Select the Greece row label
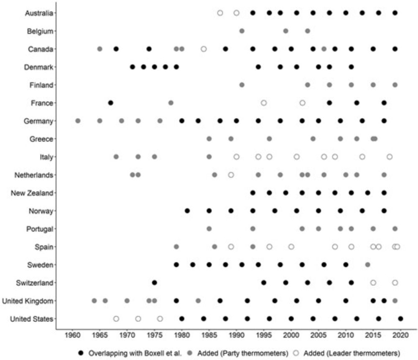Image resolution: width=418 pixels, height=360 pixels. (x=42, y=139)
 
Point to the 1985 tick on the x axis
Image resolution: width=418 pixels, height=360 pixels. (x=209, y=335)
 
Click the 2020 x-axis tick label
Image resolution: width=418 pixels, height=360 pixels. (x=401, y=335)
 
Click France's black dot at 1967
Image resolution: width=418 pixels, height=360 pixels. (x=110, y=103)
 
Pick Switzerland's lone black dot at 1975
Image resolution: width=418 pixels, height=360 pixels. (x=154, y=283)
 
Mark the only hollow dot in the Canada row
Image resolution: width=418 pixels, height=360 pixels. (x=204, y=49)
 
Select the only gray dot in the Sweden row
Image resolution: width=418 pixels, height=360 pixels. (x=367, y=265)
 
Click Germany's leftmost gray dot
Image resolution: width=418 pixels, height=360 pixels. (x=78, y=121)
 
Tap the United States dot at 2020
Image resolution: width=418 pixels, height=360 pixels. (x=401, y=319)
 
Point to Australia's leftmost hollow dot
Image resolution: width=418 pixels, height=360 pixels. (x=220, y=13)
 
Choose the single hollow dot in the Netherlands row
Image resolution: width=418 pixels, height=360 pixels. (x=231, y=175)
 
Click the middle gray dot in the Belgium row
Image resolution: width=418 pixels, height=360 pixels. (x=285, y=31)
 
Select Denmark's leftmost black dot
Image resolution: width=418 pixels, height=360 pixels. (x=133, y=67)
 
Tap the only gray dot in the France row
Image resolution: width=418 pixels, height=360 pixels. (x=171, y=103)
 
